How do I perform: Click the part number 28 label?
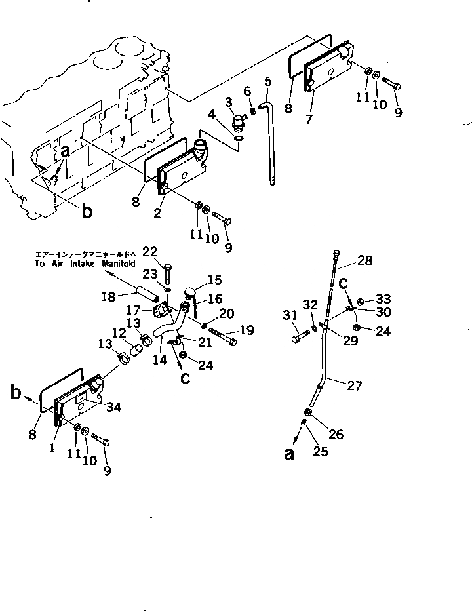(x=364, y=261)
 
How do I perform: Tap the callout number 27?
(x=354, y=386)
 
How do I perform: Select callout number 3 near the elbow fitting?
(x=228, y=102)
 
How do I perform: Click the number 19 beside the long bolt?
(x=246, y=331)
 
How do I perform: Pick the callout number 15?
(x=214, y=280)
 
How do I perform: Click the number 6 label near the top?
(x=247, y=90)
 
